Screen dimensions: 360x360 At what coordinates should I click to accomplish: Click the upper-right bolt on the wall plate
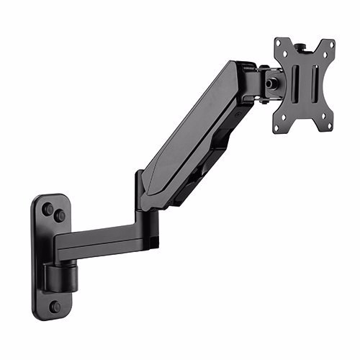60,215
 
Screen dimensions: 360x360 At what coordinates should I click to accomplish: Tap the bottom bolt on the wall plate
55,306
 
